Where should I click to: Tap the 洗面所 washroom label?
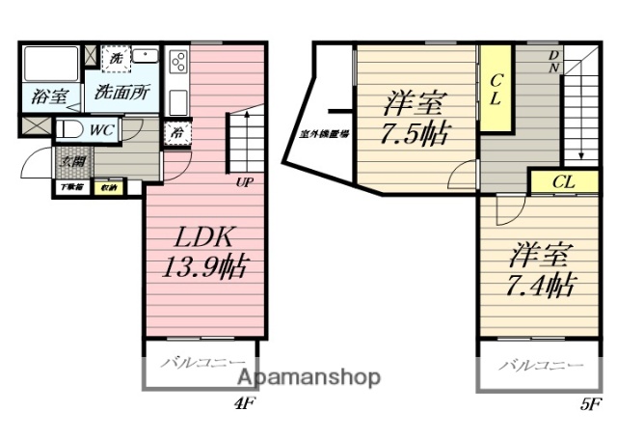121,94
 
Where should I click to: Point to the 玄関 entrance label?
72,160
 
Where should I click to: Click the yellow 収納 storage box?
110,187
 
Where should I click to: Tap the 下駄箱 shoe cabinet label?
72,187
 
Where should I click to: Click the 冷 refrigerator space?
177,133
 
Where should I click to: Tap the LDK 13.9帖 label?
203,252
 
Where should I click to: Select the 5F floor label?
591,403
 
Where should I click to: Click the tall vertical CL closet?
496,89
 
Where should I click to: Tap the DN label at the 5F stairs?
554,62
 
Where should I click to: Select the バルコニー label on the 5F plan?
540,368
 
